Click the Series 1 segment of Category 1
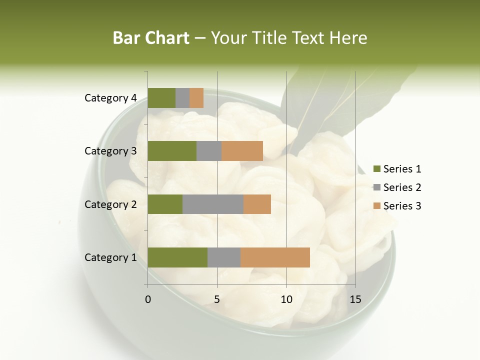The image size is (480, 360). click(x=177, y=257)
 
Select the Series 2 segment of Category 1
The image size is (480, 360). click(x=224, y=257)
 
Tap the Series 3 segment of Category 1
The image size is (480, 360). click(x=275, y=257)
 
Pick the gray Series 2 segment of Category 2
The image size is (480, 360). click(x=213, y=204)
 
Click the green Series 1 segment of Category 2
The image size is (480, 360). click(x=165, y=204)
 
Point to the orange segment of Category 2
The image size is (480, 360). click(x=257, y=204)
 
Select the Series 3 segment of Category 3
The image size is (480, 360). click(x=242, y=151)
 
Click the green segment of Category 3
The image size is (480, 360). click(x=172, y=151)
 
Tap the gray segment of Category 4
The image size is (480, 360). click(x=182, y=98)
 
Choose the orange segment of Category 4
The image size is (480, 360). click(x=196, y=98)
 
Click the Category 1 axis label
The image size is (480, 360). click(x=110, y=257)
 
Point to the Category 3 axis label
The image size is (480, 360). click(x=110, y=151)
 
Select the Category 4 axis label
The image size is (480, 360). click(x=110, y=98)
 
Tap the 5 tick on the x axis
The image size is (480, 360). click(x=217, y=299)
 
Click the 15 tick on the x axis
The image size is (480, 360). click(x=355, y=299)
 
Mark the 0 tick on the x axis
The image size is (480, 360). click(x=148, y=299)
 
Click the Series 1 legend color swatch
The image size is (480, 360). click(x=376, y=169)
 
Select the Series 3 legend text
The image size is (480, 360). click(x=402, y=206)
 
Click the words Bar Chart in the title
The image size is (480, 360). click(x=151, y=38)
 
